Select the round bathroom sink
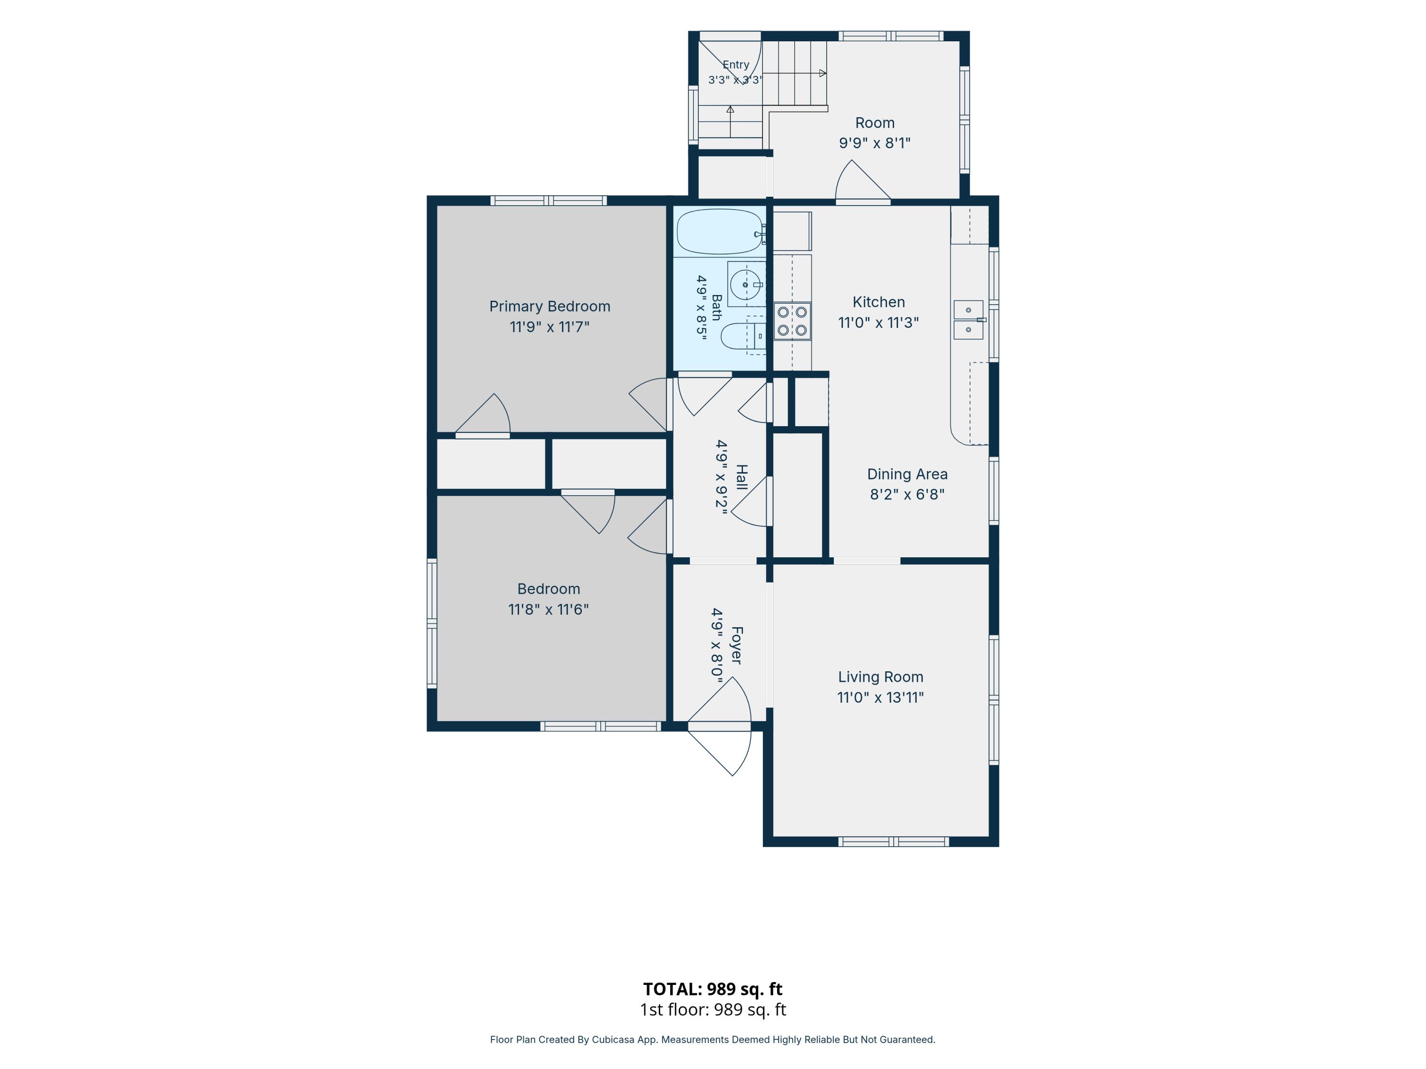[x=745, y=284]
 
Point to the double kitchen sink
[x=968, y=320]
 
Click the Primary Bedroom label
[x=550, y=307]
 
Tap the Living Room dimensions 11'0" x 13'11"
[x=881, y=697]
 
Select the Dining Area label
[x=907, y=474]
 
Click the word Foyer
[x=737, y=645]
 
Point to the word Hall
[x=742, y=477]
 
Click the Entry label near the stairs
[x=735, y=65]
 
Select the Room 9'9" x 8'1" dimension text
[x=874, y=143]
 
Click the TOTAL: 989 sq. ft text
[x=713, y=989]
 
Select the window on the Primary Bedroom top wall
[x=549, y=200]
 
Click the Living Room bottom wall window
[x=894, y=841]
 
